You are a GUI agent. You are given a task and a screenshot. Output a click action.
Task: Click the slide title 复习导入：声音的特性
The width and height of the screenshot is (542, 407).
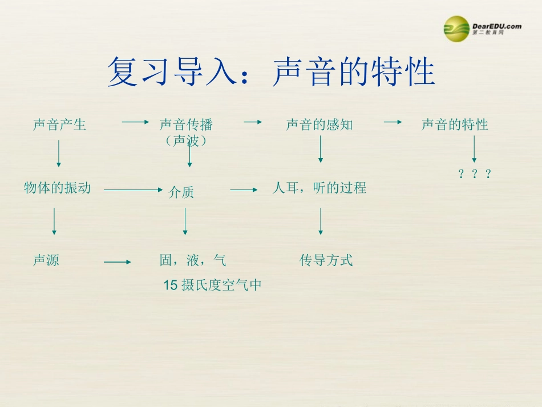pyautogui.click(x=271, y=72)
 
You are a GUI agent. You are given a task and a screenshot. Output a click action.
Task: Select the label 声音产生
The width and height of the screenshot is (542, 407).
pyautogui.click(x=59, y=124)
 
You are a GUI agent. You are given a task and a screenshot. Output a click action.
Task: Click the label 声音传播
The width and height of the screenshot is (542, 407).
pyautogui.click(x=186, y=124)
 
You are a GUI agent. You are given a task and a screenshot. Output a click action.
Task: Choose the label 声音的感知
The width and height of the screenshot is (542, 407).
pyautogui.click(x=319, y=124)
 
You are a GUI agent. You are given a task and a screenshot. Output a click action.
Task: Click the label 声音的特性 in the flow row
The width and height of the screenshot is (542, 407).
pyautogui.click(x=455, y=124)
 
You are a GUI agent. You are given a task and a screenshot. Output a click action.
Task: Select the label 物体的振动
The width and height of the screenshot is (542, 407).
pyautogui.click(x=57, y=187)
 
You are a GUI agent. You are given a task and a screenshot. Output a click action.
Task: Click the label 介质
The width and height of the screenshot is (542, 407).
pyautogui.click(x=181, y=193)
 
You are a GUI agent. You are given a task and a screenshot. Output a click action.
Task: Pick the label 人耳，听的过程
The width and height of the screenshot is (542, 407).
pyautogui.click(x=319, y=187)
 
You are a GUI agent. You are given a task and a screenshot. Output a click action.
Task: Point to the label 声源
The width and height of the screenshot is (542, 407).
pyautogui.click(x=46, y=260)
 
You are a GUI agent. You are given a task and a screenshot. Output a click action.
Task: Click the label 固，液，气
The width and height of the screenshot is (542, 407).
pyautogui.click(x=193, y=260)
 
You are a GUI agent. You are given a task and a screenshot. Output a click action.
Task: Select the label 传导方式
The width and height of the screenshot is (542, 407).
pyautogui.click(x=326, y=260)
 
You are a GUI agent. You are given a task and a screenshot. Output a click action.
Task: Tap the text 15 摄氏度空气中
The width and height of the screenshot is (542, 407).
pyautogui.click(x=212, y=285)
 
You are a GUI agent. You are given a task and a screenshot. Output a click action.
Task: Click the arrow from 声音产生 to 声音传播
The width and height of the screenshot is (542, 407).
pyautogui.click(x=135, y=122)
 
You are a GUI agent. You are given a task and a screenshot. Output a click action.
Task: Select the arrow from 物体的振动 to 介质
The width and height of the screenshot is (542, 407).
pyautogui.click(x=134, y=190)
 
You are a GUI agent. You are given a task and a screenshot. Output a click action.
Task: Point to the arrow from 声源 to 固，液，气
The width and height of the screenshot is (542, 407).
pyautogui.click(x=118, y=262)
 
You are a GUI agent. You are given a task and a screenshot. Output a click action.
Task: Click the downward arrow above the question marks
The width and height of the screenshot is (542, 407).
pyautogui.click(x=474, y=151)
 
